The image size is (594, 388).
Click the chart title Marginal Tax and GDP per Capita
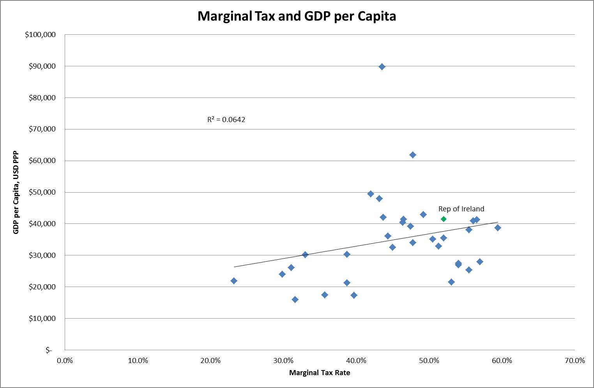tap(297, 16)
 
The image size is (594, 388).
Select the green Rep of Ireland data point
tap(444, 219)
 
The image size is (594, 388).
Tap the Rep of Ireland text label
tap(461, 209)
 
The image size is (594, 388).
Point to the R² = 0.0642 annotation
tap(226, 120)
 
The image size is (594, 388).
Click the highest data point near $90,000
tap(382, 67)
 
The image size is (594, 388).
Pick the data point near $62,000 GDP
tap(413, 155)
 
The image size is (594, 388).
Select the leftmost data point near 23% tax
tap(234, 281)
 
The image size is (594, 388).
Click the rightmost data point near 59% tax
tap(498, 228)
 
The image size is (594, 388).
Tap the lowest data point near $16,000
tap(295, 299)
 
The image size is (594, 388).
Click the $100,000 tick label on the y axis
tap(40, 35)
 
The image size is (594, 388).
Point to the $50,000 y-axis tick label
tap(42, 192)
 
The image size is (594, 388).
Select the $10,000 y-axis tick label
tap(42, 319)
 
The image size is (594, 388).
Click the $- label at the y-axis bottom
tap(48, 350)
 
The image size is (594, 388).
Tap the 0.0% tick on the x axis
tap(65, 361)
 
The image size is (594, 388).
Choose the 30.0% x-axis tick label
tap(283, 361)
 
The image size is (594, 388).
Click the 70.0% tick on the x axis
tap(575, 361)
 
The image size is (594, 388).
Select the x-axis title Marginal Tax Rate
tap(320, 373)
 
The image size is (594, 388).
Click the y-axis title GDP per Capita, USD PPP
tap(16, 192)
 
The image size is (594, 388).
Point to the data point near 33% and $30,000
tap(305, 255)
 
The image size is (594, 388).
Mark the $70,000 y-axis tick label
tap(42, 129)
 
